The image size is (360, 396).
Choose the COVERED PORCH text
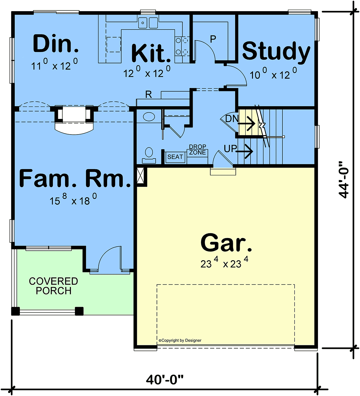[x=53, y=286]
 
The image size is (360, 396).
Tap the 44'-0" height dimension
[x=343, y=180]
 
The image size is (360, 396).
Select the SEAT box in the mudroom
[x=175, y=157]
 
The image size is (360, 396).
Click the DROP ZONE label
[x=197, y=150]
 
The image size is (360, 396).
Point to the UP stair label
[x=230, y=149]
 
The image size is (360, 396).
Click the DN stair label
[x=232, y=119]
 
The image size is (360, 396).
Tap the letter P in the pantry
[x=213, y=39]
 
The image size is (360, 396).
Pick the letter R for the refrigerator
[x=148, y=95]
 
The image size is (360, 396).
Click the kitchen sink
[x=148, y=23]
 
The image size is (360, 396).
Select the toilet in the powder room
[x=149, y=155]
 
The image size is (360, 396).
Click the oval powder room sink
[x=149, y=117]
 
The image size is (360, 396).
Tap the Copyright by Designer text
[x=180, y=340]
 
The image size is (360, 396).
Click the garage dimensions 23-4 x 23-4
[x=224, y=262]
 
